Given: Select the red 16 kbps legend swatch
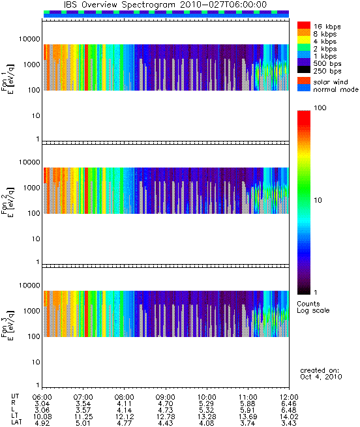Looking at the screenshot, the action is pyautogui.click(x=304, y=25).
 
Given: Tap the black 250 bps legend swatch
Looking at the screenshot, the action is pyautogui.click(x=304, y=70).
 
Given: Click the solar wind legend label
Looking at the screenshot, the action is pyautogui.click(x=331, y=82).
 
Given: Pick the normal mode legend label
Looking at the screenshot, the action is pyautogui.click(x=336, y=89).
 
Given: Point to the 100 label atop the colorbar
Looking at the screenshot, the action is pyautogui.click(x=320, y=108).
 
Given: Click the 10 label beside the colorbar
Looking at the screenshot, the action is pyautogui.click(x=318, y=200).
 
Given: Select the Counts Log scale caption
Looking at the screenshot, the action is pyautogui.click(x=313, y=307).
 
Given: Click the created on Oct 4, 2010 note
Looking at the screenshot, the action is pyautogui.click(x=321, y=374).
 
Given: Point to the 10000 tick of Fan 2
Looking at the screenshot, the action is pyautogui.click(x=29, y=162).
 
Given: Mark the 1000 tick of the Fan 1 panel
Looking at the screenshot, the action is pyautogui.click(x=31, y=65).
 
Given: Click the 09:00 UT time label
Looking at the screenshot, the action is pyautogui.click(x=166, y=397).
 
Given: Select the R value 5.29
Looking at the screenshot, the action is pyautogui.click(x=206, y=404).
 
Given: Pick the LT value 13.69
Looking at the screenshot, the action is pyautogui.click(x=248, y=417).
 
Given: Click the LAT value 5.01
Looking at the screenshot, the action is pyautogui.click(x=83, y=423).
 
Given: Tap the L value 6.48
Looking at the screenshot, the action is pyautogui.click(x=289, y=410).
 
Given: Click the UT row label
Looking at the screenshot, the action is pyautogui.click(x=15, y=396).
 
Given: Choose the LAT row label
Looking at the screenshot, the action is pyautogui.click(x=16, y=422).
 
